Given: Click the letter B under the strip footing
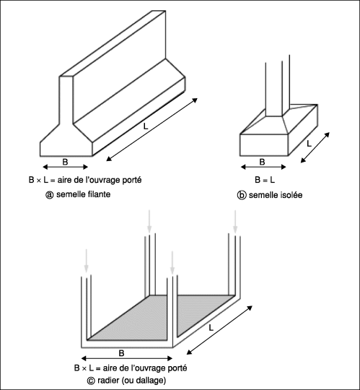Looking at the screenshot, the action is pyautogui.click(x=65, y=162).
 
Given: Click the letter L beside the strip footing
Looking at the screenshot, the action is pyautogui.click(x=146, y=126).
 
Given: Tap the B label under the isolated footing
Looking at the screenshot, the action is pyautogui.click(x=262, y=162).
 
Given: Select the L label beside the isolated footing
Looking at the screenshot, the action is pyautogui.click(x=309, y=144).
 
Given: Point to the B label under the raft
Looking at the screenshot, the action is pyautogui.click(x=121, y=353).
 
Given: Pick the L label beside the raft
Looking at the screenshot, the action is pyautogui.click(x=211, y=328).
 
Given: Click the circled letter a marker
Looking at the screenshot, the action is pyautogui.click(x=50, y=195).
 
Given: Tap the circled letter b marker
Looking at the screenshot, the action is pyautogui.click(x=241, y=195).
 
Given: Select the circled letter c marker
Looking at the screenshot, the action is pyautogui.click(x=91, y=381).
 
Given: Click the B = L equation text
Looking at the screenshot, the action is pyautogui.click(x=265, y=180).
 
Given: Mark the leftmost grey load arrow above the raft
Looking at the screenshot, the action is pyautogui.click(x=86, y=261).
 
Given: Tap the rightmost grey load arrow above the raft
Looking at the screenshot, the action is pyautogui.click(x=235, y=222).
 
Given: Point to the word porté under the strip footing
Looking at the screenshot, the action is pyautogui.click(x=132, y=180).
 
